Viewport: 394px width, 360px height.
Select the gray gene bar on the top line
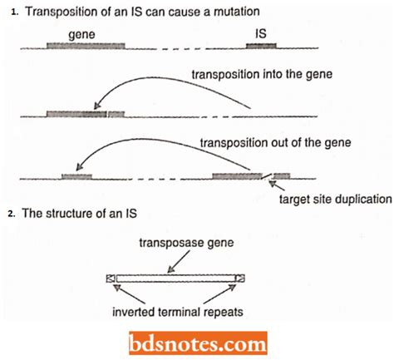click(x=86, y=47)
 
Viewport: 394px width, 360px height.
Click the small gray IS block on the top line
click(x=265, y=47)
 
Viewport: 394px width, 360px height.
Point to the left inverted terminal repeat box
click(x=111, y=279)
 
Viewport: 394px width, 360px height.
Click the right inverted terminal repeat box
click(x=240, y=279)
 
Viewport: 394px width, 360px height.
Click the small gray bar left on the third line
click(x=76, y=176)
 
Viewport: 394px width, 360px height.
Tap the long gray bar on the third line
click(x=237, y=176)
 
